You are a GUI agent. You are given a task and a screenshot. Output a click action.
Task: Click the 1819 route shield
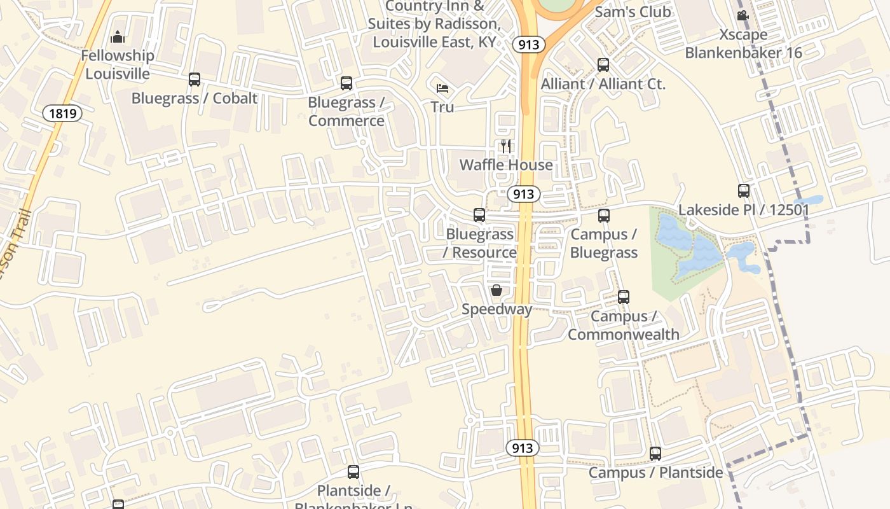[63, 114]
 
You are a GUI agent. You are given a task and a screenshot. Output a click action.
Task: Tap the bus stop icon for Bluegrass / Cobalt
[195, 80]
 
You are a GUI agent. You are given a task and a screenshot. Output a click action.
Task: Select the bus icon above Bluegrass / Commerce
[346, 83]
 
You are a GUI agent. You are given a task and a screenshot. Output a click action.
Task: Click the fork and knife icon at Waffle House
[506, 146]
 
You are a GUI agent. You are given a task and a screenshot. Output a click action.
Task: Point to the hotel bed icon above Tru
[442, 88]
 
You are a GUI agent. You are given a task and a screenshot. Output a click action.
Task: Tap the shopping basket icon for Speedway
[496, 290]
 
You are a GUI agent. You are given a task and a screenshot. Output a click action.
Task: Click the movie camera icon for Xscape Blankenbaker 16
[743, 16]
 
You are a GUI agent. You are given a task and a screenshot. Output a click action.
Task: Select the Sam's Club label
[633, 12]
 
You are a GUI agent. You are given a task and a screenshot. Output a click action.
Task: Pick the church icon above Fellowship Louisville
[117, 38]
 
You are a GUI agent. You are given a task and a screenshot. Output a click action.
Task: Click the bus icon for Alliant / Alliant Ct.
[603, 64]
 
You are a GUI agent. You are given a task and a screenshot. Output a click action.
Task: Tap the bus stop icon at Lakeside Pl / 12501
[744, 190]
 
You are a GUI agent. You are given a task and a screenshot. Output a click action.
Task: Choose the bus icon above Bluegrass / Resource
[479, 215]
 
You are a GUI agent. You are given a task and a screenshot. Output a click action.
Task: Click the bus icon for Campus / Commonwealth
[624, 297]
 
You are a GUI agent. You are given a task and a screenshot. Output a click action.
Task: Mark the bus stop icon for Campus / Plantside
[655, 454]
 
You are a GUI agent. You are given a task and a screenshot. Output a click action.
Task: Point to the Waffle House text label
[506, 165]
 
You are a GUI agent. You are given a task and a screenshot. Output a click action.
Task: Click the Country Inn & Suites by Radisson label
[435, 24]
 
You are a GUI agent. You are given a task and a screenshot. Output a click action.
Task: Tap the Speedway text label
[496, 309]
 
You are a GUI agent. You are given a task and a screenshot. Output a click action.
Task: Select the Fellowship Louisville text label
[118, 65]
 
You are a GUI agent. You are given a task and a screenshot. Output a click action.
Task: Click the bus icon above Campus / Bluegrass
[604, 216]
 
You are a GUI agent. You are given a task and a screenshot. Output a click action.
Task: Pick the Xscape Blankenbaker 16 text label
[744, 43]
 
